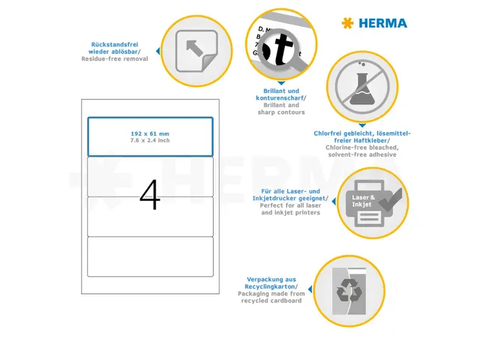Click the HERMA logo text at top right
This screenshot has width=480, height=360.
click(x=382, y=23)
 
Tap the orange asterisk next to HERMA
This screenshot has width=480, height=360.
click(x=347, y=23)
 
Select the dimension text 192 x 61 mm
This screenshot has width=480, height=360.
click(x=150, y=133)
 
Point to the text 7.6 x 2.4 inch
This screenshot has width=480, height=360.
click(x=150, y=140)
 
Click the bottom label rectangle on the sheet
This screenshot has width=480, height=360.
click(x=150, y=256)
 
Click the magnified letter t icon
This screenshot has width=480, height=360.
click(x=281, y=49)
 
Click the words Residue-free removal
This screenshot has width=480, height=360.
click(x=115, y=58)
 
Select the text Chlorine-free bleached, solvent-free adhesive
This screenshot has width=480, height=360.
click(x=362, y=151)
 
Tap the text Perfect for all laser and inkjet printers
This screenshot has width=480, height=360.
click(x=291, y=209)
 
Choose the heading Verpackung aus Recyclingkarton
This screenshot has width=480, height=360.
click(x=271, y=283)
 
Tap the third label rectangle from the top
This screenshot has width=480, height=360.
click(x=150, y=216)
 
